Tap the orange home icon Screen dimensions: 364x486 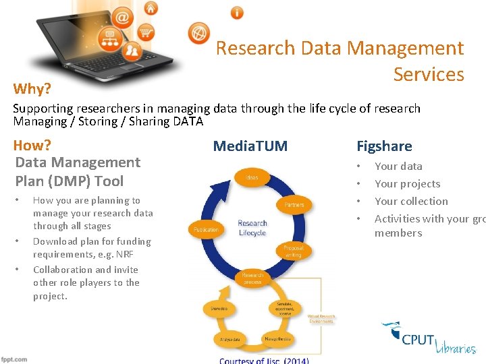click(x=151, y=9)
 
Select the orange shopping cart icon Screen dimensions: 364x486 click(x=146, y=32)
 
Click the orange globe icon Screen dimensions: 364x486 click(x=199, y=32)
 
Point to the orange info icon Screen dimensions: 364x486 click(x=237, y=12)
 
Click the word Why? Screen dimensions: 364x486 click(x=31, y=88)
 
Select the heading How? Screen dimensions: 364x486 click(x=32, y=145)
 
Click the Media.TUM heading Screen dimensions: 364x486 click(x=250, y=146)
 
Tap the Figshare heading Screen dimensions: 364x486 click(x=384, y=146)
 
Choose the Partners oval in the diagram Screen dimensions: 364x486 click(x=294, y=204)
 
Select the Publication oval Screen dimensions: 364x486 click(x=206, y=229)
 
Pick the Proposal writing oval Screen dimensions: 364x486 click(x=293, y=251)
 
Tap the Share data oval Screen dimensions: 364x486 click(x=219, y=308)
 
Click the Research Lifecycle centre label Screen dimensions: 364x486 click(x=252, y=227)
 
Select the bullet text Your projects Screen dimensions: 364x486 click(x=407, y=183)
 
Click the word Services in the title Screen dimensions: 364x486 click(x=429, y=74)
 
